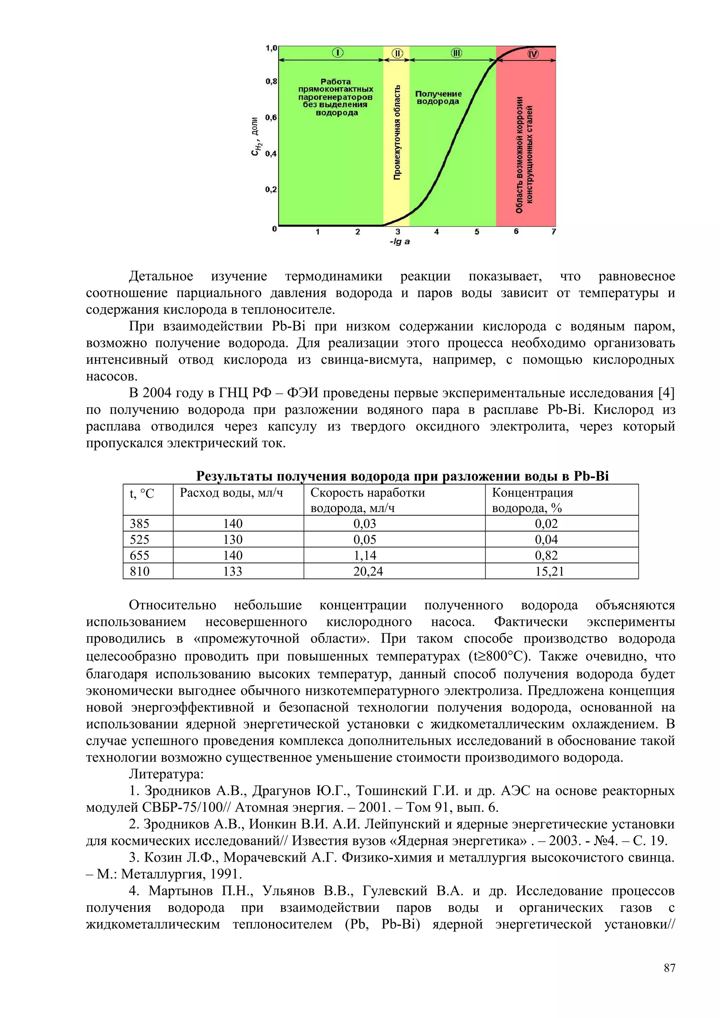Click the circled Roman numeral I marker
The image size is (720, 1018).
(337, 53)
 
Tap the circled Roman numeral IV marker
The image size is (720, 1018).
(533, 54)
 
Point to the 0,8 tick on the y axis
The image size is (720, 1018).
(271, 81)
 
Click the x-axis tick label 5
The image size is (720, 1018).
(477, 232)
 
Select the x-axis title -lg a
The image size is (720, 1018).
(400, 242)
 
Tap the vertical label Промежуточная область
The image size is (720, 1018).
(397, 133)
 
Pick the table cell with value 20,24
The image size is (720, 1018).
(368, 571)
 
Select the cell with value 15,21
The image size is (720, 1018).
(549, 571)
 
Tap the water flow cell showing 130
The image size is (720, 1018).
(232, 540)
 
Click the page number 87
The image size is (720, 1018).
(669, 968)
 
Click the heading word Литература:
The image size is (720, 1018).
(166, 774)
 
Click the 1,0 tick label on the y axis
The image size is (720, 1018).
(271, 48)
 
